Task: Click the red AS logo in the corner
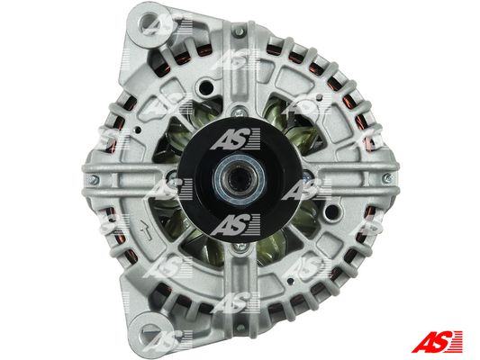(x=437, y=341)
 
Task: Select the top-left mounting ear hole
(x=149, y=22)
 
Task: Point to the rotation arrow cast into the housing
(x=146, y=230)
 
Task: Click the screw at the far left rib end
(x=95, y=179)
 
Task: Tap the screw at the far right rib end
(x=387, y=178)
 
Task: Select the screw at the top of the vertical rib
(x=240, y=31)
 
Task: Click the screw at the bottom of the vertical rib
(x=240, y=328)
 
